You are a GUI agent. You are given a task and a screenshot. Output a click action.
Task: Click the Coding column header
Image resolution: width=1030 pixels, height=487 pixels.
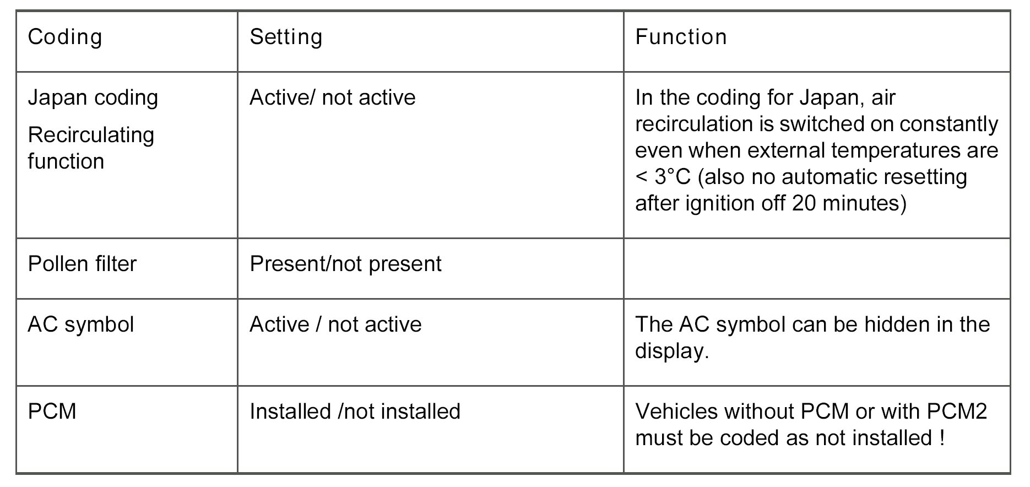(65, 37)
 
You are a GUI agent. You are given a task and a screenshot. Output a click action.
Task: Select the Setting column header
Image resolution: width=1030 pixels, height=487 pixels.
(286, 37)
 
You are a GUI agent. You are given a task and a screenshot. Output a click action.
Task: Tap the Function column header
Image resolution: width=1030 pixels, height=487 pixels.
(681, 37)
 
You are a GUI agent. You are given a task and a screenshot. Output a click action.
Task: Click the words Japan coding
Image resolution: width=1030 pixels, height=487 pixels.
(93, 98)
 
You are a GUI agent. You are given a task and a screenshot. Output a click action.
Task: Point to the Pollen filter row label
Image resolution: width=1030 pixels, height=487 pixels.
(82, 264)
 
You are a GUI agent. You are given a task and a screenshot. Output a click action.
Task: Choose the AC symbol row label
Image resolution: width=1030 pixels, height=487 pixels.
(81, 324)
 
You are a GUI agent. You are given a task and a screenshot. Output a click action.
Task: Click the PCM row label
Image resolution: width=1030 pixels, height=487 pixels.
(52, 412)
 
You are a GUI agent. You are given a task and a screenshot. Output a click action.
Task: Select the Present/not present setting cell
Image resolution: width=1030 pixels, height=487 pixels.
(345, 264)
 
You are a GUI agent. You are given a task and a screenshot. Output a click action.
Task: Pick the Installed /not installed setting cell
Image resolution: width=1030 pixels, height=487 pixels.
(355, 412)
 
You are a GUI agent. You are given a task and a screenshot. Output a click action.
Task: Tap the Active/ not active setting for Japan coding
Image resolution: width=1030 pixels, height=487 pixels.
(332, 98)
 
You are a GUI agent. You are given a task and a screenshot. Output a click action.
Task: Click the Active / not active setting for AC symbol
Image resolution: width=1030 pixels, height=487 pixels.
(335, 324)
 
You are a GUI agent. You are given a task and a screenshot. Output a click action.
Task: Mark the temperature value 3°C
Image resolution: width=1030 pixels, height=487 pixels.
(673, 177)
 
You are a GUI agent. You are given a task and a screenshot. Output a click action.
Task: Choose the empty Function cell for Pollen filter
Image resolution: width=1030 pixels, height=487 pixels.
(816, 269)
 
